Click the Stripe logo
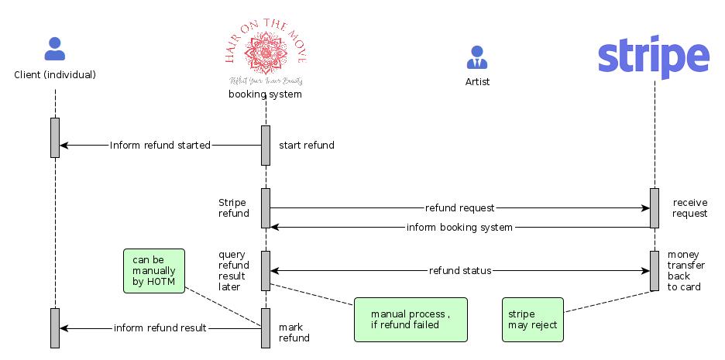[x=654, y=57]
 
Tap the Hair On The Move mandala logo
[x=265, y=52]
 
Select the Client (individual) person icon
[x=55, y=49]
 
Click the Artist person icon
[x=477, y=57]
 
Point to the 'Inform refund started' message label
[x=160, y=145]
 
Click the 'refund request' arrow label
[x=459, y=207]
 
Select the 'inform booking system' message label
[x=459, y=227]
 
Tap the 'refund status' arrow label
[x=459, y=271]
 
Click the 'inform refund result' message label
[x=160, y=327]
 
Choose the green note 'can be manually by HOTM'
[x=154, y=271]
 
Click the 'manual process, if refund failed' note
[x=411, y=319]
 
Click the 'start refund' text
[x=307, y=145]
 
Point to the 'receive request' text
[x=689, y=207]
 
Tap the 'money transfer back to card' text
[x=685, y=270]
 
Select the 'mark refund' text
[x=294, y=332]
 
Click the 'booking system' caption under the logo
[x=265, y=94]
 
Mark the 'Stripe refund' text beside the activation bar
[x=233, y=207]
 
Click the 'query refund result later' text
[x=233, y=270]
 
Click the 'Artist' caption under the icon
[x=477, y=81]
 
